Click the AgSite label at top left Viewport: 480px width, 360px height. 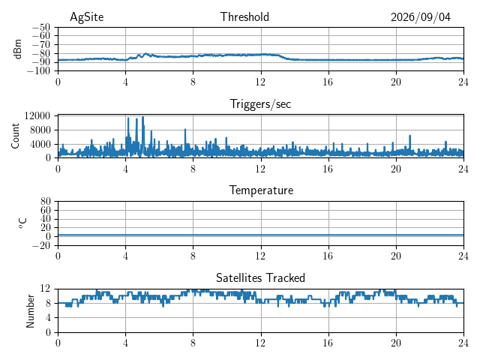click(87, 17)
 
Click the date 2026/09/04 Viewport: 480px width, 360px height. click(421, 17)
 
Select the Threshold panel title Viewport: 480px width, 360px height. click(244, 16)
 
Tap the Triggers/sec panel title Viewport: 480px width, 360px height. click(260, 104)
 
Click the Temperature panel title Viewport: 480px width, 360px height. click(261, 190)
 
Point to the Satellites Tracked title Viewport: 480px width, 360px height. click(260, 277)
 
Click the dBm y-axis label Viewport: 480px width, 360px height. click(17, 49)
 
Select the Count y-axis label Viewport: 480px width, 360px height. click(15, 136)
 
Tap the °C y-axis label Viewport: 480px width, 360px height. click(22, 223)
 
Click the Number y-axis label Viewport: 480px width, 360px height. click(30, 310)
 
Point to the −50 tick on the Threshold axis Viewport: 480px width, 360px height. click(41, 27)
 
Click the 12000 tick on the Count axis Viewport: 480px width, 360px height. click(37, 115)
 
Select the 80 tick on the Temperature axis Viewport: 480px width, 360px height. click(45, 201)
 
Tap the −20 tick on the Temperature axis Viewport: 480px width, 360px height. click(41, 245)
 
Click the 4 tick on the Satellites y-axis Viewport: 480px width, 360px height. click(48, 317)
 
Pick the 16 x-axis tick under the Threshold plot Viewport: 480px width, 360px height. click(328, 82)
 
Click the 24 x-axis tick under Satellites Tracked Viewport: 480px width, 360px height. click(463, 343)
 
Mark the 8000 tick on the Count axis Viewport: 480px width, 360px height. click(40, 130)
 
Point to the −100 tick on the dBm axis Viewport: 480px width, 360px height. click(39, 70)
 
